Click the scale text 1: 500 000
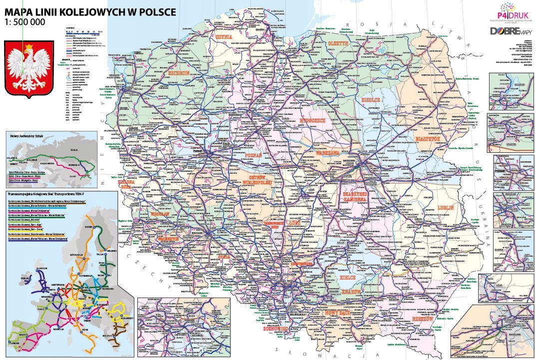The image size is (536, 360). tap(25, 22)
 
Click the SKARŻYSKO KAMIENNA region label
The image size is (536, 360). tap(356, 196)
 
